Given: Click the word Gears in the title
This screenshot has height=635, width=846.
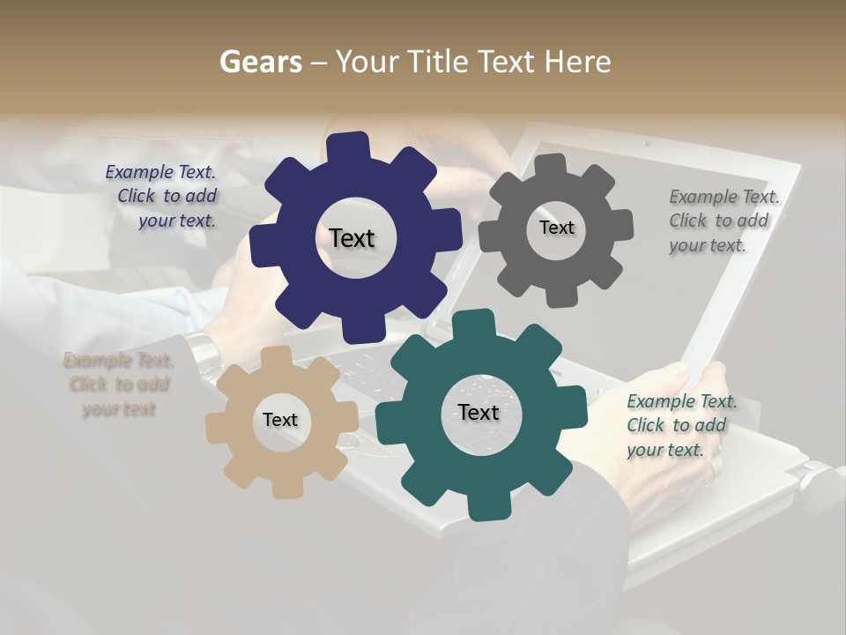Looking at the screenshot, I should point(259,62).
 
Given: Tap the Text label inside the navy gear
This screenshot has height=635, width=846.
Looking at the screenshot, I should point(352,238).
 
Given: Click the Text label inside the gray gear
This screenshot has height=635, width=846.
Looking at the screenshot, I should point(556,228).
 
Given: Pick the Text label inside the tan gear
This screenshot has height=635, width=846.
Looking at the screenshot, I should point(280,421).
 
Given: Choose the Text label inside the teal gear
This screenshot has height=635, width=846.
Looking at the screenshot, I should point(479,413).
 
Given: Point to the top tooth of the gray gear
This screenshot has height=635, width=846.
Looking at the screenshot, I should point(551,164).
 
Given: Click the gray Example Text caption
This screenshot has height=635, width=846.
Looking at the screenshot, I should point(723,221).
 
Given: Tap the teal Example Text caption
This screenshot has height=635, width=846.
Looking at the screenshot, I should point(680,426).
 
